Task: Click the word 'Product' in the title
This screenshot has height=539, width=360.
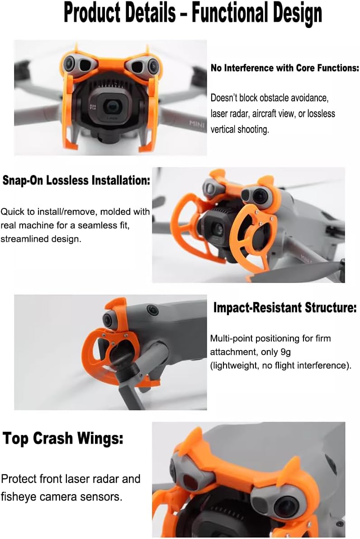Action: (92, 13)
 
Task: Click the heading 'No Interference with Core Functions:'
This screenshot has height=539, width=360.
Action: (285, 68)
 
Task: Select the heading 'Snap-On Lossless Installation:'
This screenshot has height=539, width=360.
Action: (76, 180)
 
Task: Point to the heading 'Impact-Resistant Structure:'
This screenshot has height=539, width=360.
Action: (285, 307)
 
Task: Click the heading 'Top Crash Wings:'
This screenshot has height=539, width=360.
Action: (63, 438)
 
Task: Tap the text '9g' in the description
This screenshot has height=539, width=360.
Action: (285, 352)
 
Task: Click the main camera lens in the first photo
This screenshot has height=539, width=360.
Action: (111, 107)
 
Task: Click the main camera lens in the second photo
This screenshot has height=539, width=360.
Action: (218, 228)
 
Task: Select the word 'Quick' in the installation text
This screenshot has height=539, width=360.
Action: (12, 212)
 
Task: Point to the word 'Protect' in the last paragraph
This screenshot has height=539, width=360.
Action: (19, 479)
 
